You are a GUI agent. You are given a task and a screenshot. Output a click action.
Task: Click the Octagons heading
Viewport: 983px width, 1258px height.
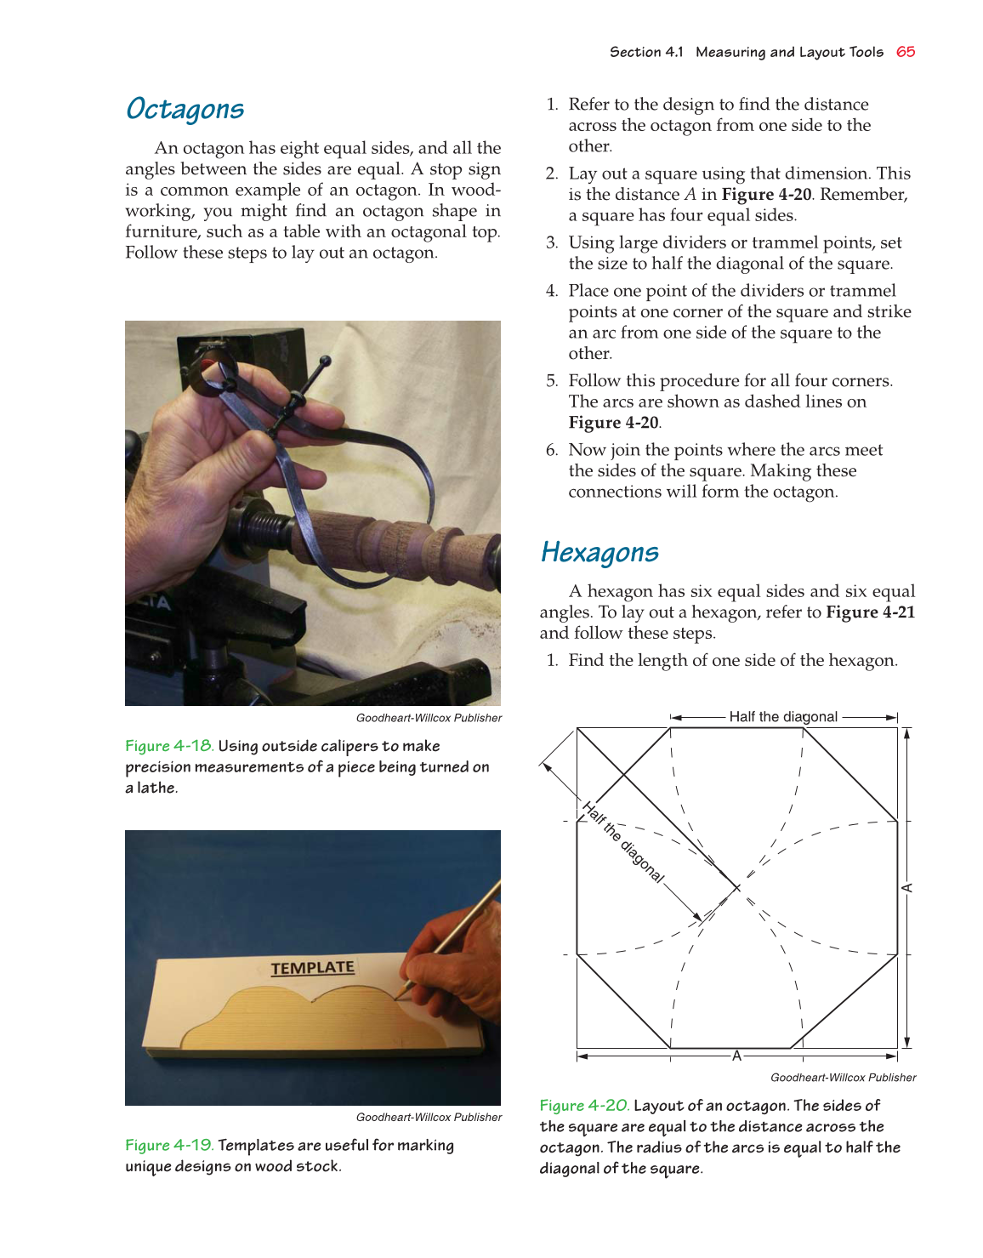pos(185,109)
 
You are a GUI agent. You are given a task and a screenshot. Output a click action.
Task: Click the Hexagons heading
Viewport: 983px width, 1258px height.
pos(599,552)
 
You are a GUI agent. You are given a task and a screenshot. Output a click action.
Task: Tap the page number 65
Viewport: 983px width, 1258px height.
pos(906,52)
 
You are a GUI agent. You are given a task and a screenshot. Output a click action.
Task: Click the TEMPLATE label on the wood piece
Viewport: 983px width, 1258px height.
pos(312,968)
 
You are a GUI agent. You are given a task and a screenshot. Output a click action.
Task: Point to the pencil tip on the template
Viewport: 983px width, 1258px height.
pos(397,996)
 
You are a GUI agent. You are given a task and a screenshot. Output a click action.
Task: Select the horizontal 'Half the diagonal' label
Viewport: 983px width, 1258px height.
pos(783,717)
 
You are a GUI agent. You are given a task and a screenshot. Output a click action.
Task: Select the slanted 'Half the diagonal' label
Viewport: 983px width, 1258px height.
pos(622,842)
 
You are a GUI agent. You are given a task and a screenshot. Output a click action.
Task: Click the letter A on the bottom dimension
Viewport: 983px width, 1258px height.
pos(736,1056)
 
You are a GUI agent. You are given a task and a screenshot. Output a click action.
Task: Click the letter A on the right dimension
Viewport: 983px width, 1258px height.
pos(907,888)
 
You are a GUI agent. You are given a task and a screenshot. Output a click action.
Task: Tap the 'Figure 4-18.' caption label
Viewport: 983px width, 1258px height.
pos(169,746)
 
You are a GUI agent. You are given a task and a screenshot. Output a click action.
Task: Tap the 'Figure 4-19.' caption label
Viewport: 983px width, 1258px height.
pos(169,1146)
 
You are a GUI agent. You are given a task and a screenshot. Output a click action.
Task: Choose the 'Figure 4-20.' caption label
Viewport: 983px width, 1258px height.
pos(584,1106)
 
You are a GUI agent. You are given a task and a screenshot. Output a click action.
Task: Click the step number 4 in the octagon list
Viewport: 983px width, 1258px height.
pos(551,291)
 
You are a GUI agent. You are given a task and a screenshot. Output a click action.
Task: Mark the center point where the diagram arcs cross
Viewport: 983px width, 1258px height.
pos(737,888)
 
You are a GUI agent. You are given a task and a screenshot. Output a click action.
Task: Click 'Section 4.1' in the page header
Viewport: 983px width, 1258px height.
pos(646,52)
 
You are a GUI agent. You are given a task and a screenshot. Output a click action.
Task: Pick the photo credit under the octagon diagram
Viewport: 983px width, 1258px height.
pos(843,1078)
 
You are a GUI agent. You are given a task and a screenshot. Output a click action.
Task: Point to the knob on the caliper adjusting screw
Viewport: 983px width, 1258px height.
pos(325,361)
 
